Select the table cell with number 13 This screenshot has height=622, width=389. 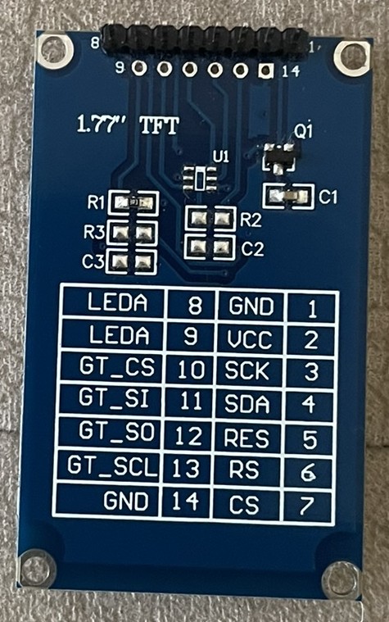[x=187, y=468]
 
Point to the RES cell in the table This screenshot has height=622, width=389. [x=247, y=438]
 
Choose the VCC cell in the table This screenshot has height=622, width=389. [x=251, y=339]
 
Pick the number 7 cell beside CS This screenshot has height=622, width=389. [x=307, y=506]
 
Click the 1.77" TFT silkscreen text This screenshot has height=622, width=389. [x=128, y=126]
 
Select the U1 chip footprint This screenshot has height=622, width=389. [x=201, y=178]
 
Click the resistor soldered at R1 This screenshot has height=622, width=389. [x=133, y=202]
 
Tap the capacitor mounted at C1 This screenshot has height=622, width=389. [x=288, y=195]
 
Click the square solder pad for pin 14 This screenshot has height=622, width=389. [x=265, y=71]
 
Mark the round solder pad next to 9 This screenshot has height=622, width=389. [x=138, y=68]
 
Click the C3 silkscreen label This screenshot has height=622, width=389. [x=93, y=261]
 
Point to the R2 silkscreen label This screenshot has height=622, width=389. [x=251, y=220]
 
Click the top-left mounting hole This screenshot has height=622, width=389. [x=55, y=52]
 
